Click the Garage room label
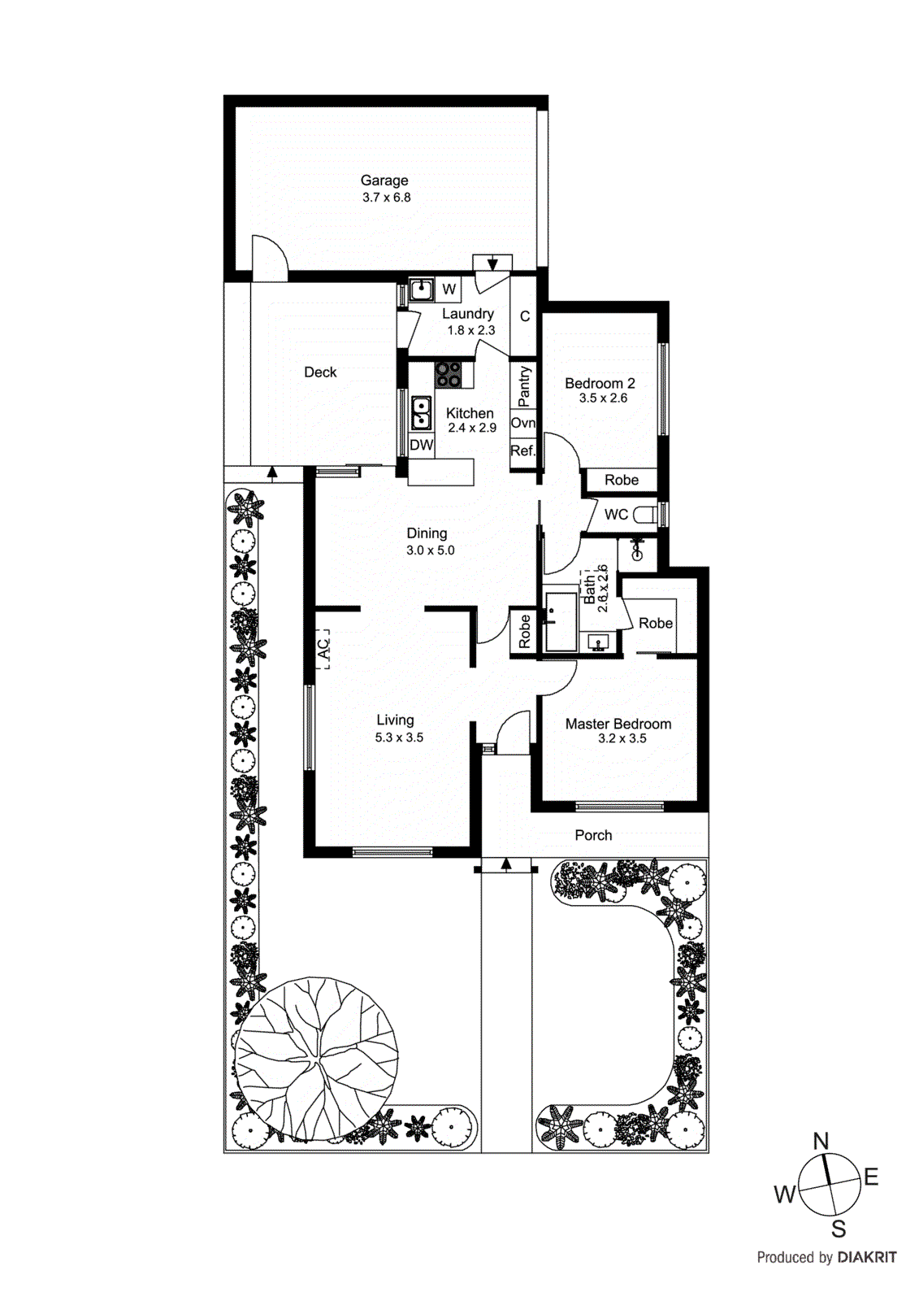[384, 181]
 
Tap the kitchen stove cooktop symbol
[448, 374]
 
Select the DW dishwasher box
[421, 445]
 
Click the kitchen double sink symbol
[421, 412]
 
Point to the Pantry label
[524, 385]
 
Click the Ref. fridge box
[522, 450]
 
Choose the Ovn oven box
[523, 423]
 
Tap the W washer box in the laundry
[449, 289]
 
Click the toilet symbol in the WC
[646, 515]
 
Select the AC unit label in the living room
[323, 648]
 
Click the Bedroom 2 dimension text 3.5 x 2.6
[603, 398]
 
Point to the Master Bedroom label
[618, 724]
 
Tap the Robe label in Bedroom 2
[622, 480]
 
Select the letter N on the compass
[821, 1142]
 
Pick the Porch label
[593, 835]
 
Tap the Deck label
[320, 372]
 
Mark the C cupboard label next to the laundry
[525, 316]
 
